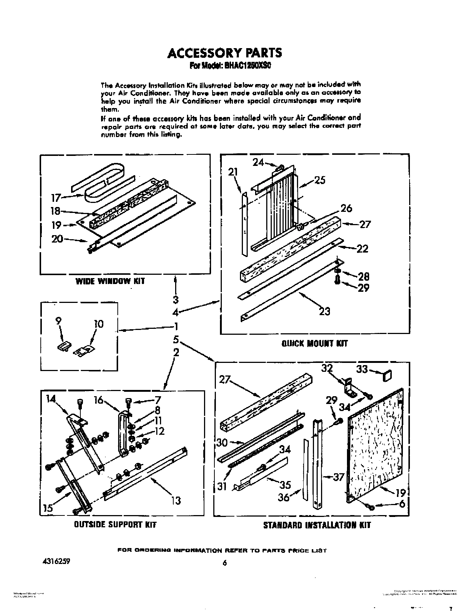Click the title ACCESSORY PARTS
pyautogui.click(x=225, y=53)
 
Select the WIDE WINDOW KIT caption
pyautogui.click(x=110, y=281)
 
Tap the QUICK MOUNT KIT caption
pyautogui.click(x=315, y=343)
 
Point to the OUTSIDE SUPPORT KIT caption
pyautogui.click(x=115, y=524)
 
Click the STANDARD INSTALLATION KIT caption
pyautogui.click(x=317, y=525)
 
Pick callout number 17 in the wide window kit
pyautogui.click(x=56, y=198)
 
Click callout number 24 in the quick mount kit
pyautogui.click(x=258, y=162)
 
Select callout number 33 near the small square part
pyautogui.click(x=362, y=369)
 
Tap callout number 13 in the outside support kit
pyautogui.click(x=176, y=500)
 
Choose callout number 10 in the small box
pyautogui.click(x=98, y=324)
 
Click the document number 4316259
pyautogui.click(x=54, y=561)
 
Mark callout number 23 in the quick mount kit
pyautogui.click(x=324, y=311)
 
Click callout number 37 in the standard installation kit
pyautogui.click(x=338, y=477)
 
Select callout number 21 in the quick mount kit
pyautogui.click(x=233, y=172)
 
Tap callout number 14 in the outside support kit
pyautogui.click(x=51, y=399)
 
